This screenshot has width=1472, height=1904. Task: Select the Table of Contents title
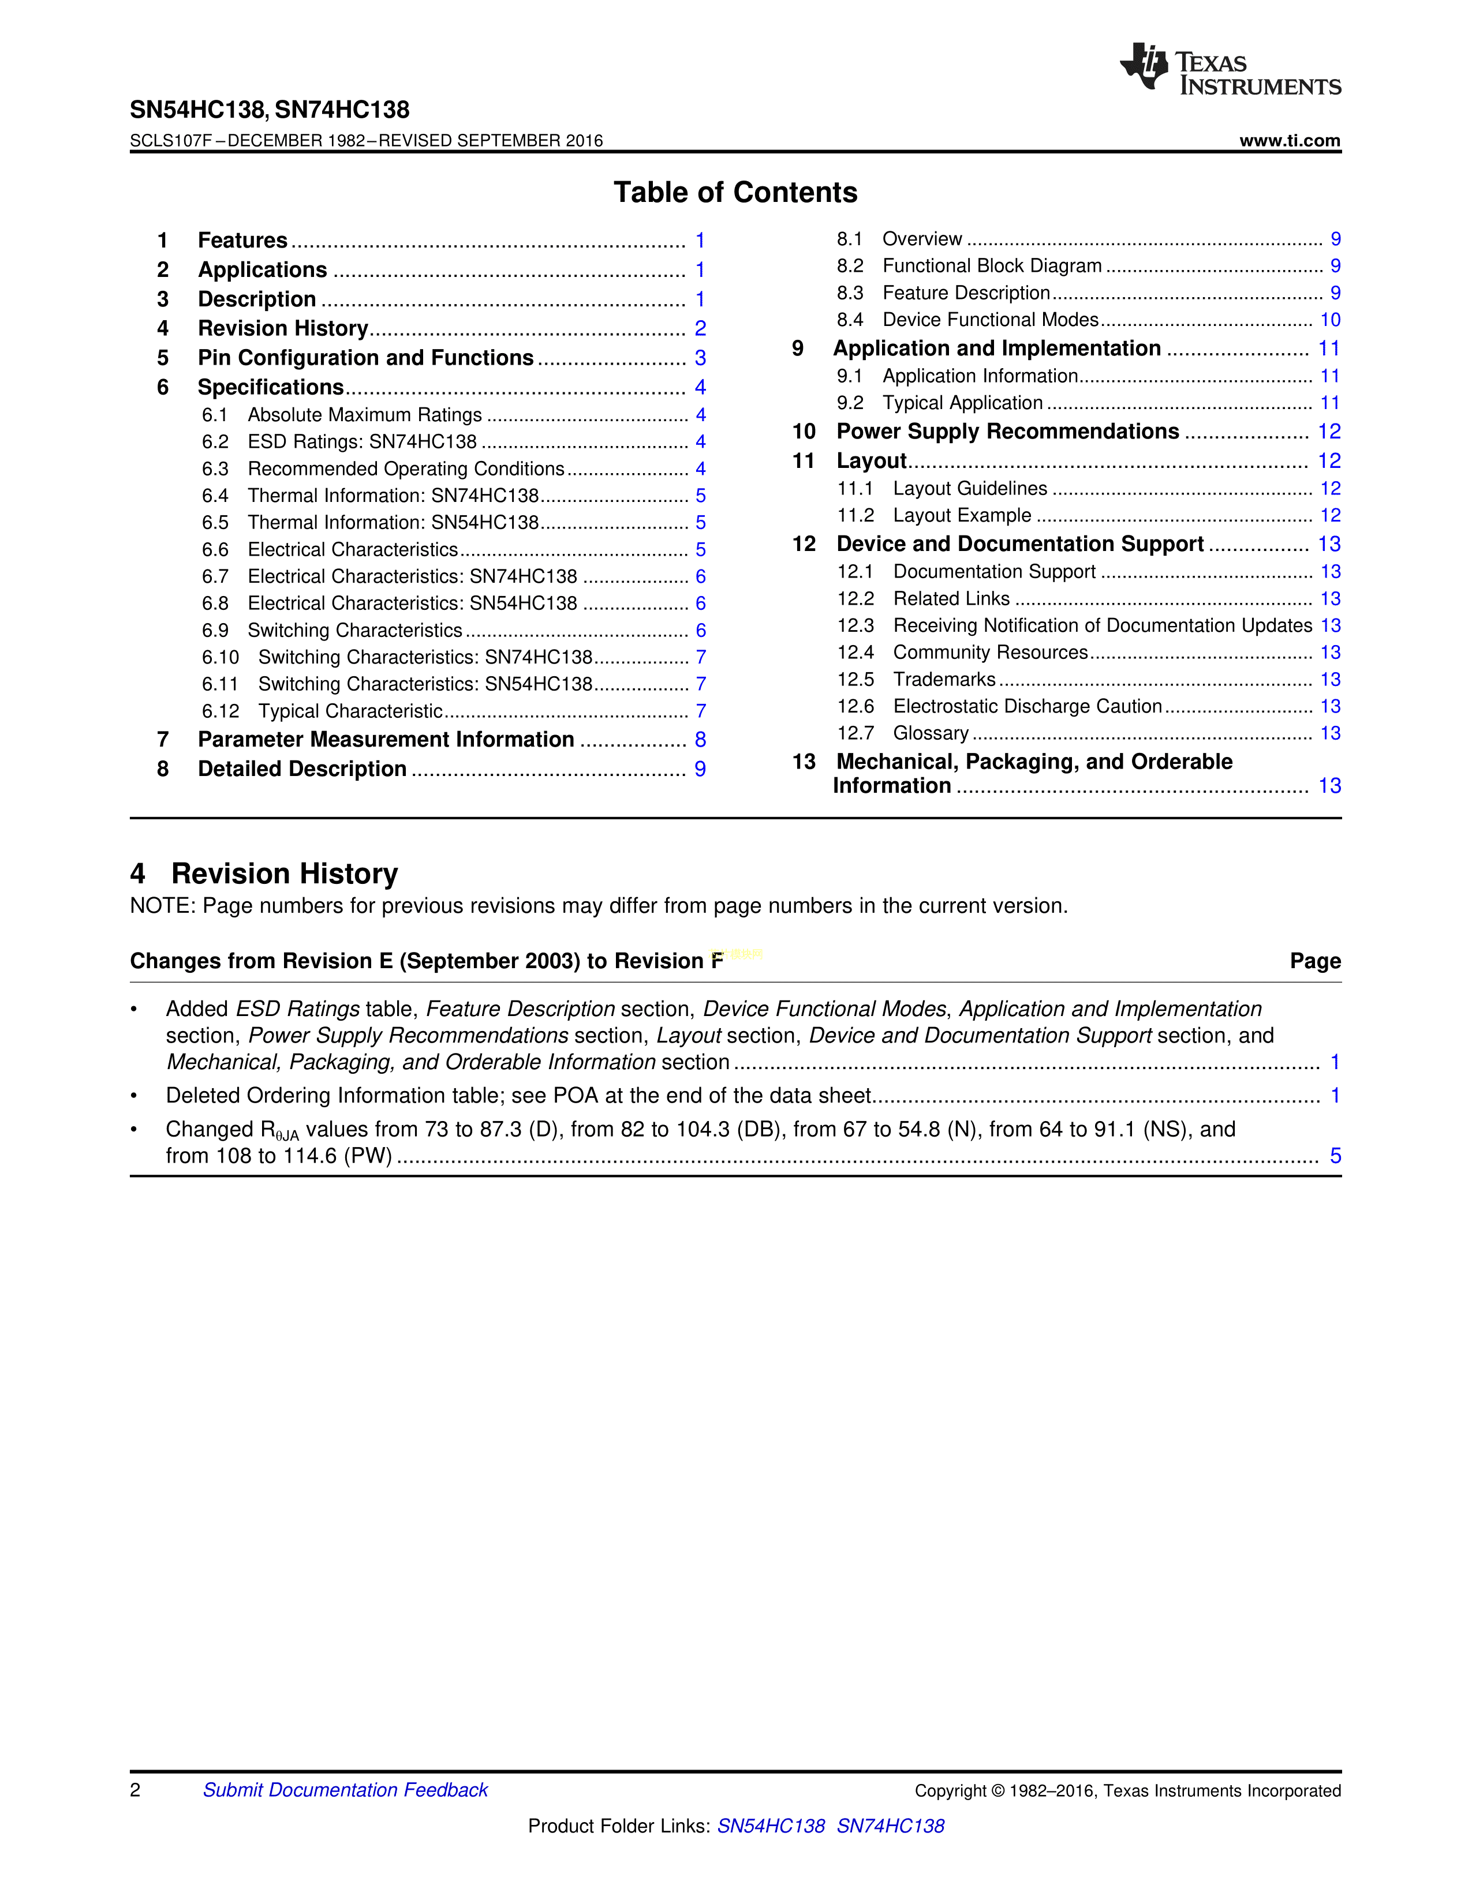tap(735, 193)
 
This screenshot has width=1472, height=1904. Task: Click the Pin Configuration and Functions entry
tap(365, 358)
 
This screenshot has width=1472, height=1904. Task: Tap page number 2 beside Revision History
tap(700, 329)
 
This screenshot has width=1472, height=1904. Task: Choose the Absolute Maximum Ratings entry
tap(364, 415)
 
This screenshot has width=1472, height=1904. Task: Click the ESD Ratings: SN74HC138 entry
tap(362, 442)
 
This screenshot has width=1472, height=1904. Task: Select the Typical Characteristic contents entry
tap(350, 711)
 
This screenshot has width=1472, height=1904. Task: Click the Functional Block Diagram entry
tap(992, 266)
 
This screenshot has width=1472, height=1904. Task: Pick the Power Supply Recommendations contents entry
tap(1007, 432)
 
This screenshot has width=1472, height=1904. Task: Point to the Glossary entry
tap(931, 734)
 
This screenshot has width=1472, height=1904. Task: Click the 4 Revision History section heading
tap(264, 874)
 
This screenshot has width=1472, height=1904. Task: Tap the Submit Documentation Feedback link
tap(345, 1790)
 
